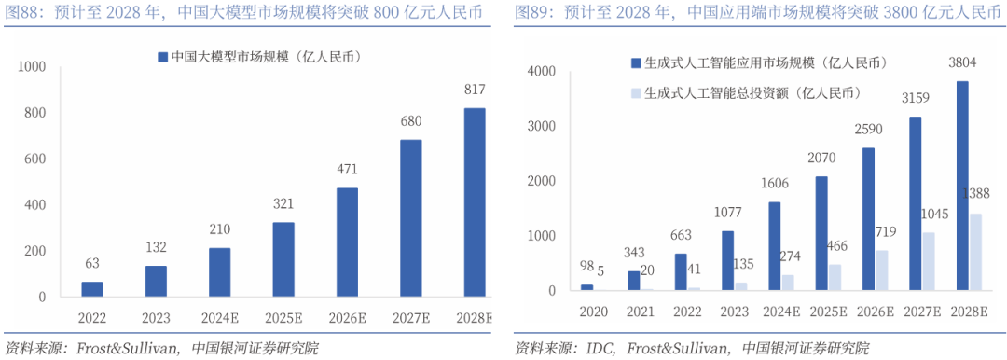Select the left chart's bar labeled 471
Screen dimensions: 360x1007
[x=347, y=242]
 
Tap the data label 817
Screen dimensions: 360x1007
[x=475, y=90]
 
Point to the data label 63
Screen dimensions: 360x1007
[x=92, y=264]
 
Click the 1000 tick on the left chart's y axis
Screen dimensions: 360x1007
[x=31, y=67]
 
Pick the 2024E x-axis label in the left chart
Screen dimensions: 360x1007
[x=220, y=318]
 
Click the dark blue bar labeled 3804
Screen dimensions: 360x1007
[x=962, y=186]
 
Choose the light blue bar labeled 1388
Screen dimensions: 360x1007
[x=974, y=252]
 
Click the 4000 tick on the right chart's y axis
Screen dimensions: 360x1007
[x=541, y=72]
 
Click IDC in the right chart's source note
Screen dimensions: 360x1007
[x=600, y=349]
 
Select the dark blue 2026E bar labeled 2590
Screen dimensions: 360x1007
[x=869, y=219]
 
